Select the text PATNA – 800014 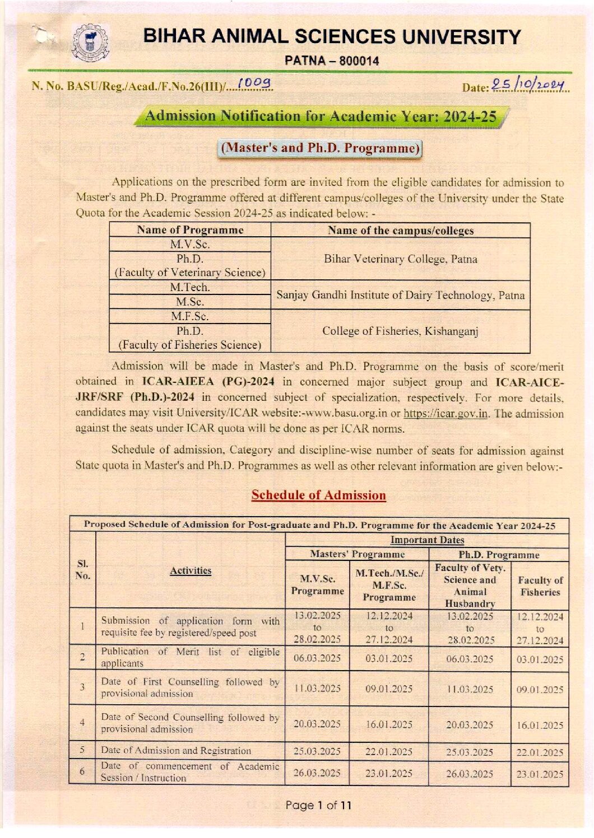[x=332, y=61]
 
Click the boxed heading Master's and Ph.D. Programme [x=320, y=148]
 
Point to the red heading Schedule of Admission [x=318, y=495]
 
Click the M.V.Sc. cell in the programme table [x=189, y=245]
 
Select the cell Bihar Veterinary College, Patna [x=400, y=259]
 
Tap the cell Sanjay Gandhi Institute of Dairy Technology [x=400, y=295]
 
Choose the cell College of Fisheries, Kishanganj [x=400, y=331]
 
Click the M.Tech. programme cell [x=189, y=287]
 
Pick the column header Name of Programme [x=190, y=230]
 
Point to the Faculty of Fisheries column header [x=540, y=586]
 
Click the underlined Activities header [x=191, y=570]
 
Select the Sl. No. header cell [x=82, y=570]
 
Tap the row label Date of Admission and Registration [x=176, y=751]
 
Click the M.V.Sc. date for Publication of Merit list [x=317, y=658]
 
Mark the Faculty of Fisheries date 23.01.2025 [x=540, y=775]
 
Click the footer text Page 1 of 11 [x=318, y=806]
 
